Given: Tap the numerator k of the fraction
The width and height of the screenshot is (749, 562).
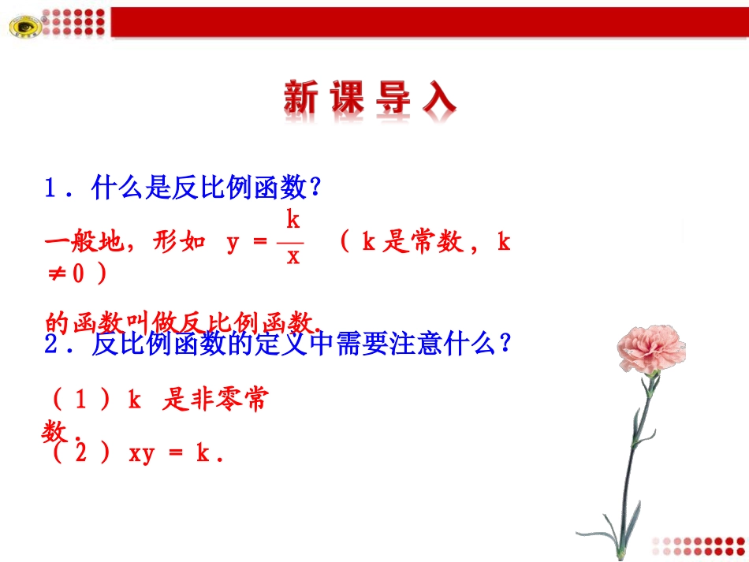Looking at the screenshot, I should (293, 218).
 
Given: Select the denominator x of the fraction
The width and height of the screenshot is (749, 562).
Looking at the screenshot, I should (293, 256).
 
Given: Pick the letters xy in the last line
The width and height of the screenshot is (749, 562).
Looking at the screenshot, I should (140, 454).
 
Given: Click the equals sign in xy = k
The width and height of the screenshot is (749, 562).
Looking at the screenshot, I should (176, 454).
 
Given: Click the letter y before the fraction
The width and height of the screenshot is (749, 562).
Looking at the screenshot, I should (233, 243).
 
